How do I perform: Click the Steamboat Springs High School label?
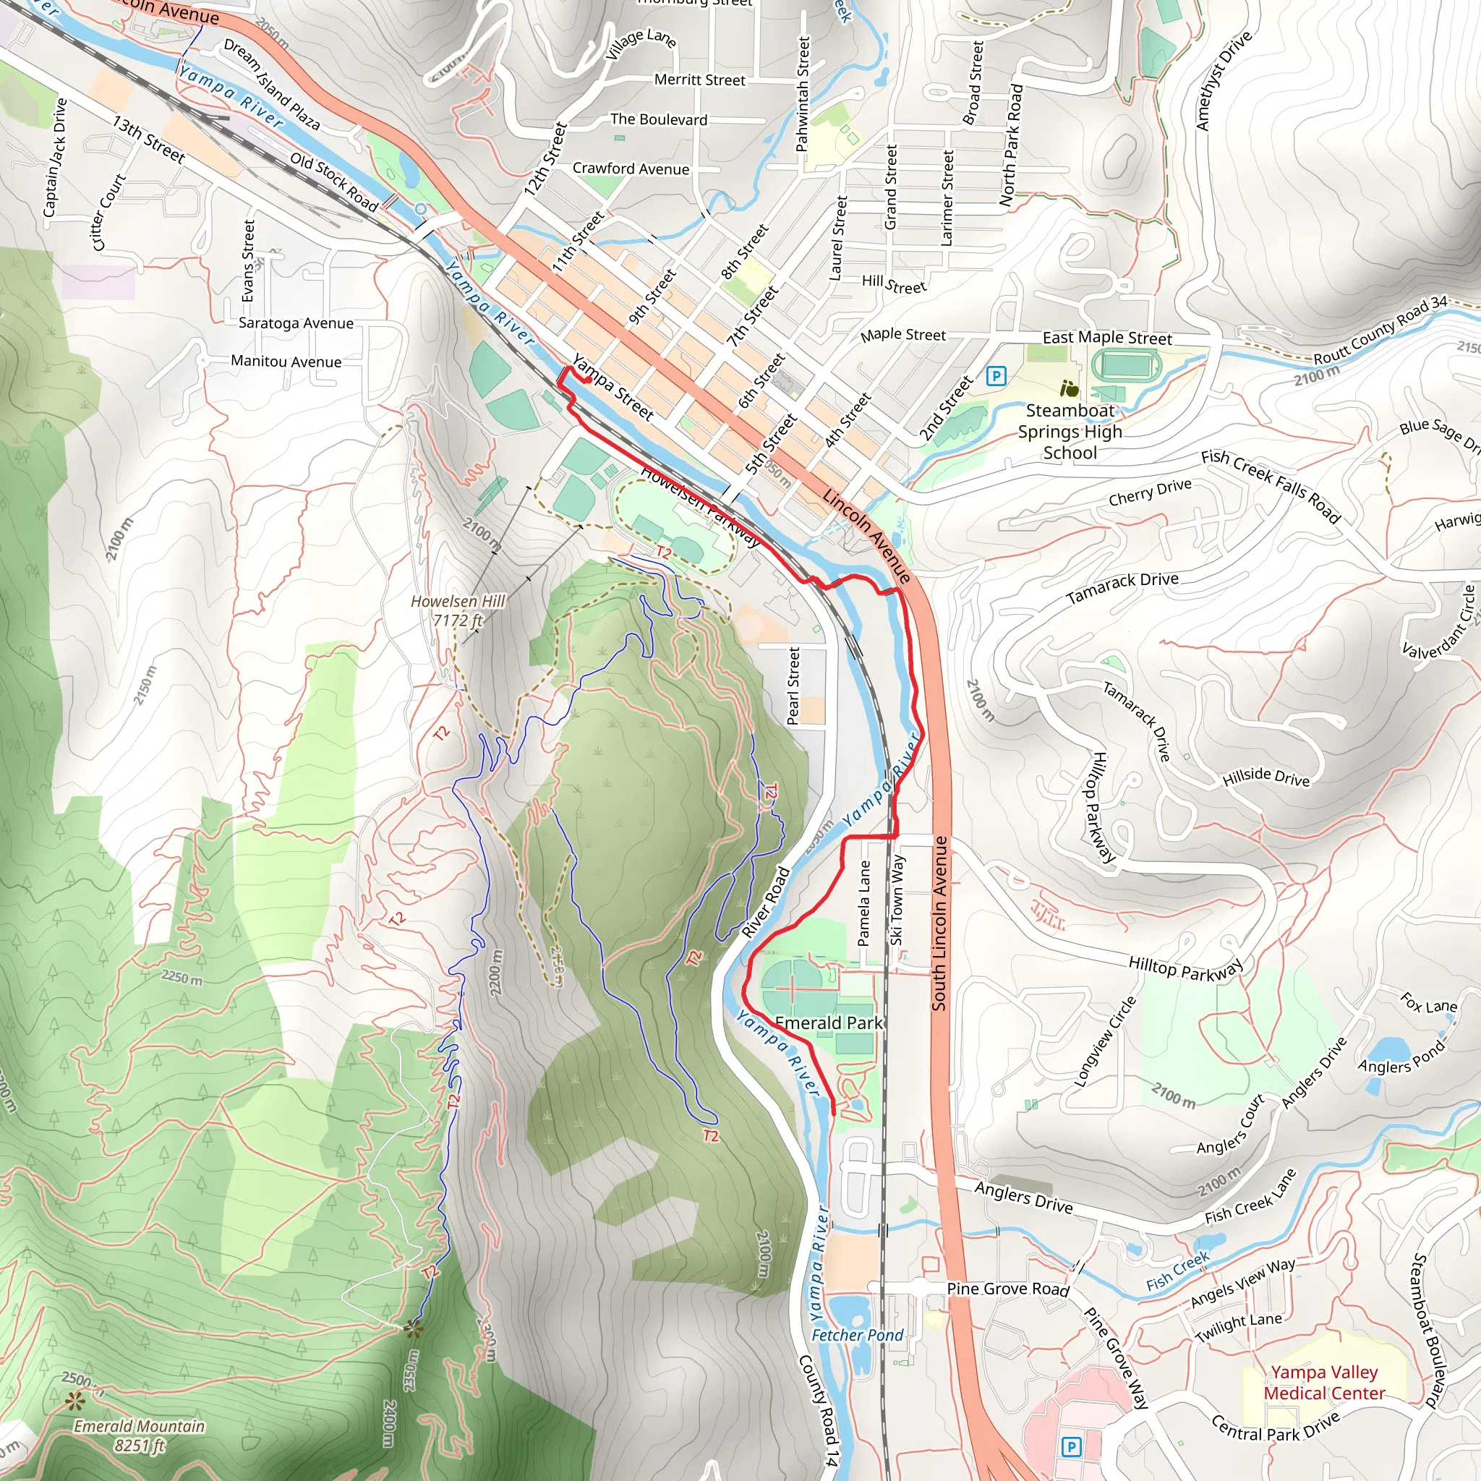(x=1070, y=432)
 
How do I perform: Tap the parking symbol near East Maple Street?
(x=996, y=375)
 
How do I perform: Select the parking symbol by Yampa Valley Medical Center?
(x=1071, y=1447)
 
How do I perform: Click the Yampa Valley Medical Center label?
(x=1324, y=1382)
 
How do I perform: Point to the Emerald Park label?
(x=829, y=1023)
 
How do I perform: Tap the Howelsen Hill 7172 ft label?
(x=458, y=611)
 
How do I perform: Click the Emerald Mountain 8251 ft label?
(x=139, y=1435)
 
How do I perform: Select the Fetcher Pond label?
(x=857, y=1336)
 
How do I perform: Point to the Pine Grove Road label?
(x=1007, y=1289)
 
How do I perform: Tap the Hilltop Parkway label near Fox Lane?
(x=1185, y=969)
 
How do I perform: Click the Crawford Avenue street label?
(x=631, y=168)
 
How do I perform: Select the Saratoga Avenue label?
(x=296, y=323)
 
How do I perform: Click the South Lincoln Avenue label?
(x=940, y=923)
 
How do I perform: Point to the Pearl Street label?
(x=793, y=686)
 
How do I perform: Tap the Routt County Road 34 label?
(x=1380, y=330)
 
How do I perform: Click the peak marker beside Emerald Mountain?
(x=74, y=1402)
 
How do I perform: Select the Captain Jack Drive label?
(x=55, y=157)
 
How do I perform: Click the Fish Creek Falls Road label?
(x=1270, y=485)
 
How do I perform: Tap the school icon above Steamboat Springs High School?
(x=1069, y=390)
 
